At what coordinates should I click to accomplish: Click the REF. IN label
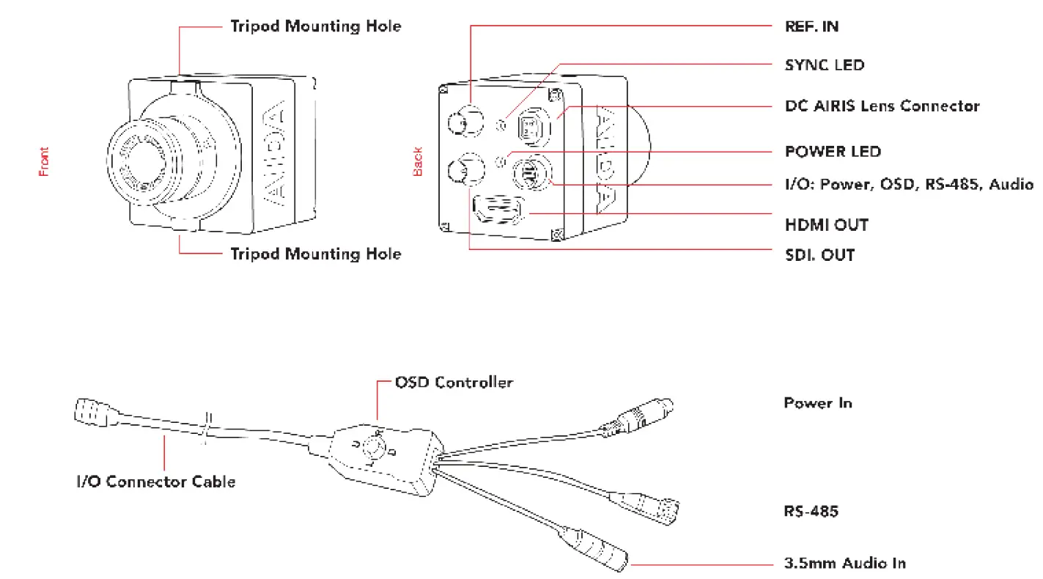(811, 26)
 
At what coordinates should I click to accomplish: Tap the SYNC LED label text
(825, 64)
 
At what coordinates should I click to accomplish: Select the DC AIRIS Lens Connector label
(882, 106)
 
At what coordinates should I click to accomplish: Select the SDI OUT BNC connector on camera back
(465, 171)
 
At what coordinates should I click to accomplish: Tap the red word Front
(45, 162)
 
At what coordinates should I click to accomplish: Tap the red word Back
(418, 162)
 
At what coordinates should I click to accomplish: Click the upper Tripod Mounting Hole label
(316, 26)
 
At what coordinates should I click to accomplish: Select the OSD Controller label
(454, 383)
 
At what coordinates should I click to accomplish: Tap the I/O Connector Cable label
(156, 482)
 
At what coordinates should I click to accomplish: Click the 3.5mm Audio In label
(844, 564)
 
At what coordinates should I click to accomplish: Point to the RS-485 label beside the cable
(811, 511)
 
